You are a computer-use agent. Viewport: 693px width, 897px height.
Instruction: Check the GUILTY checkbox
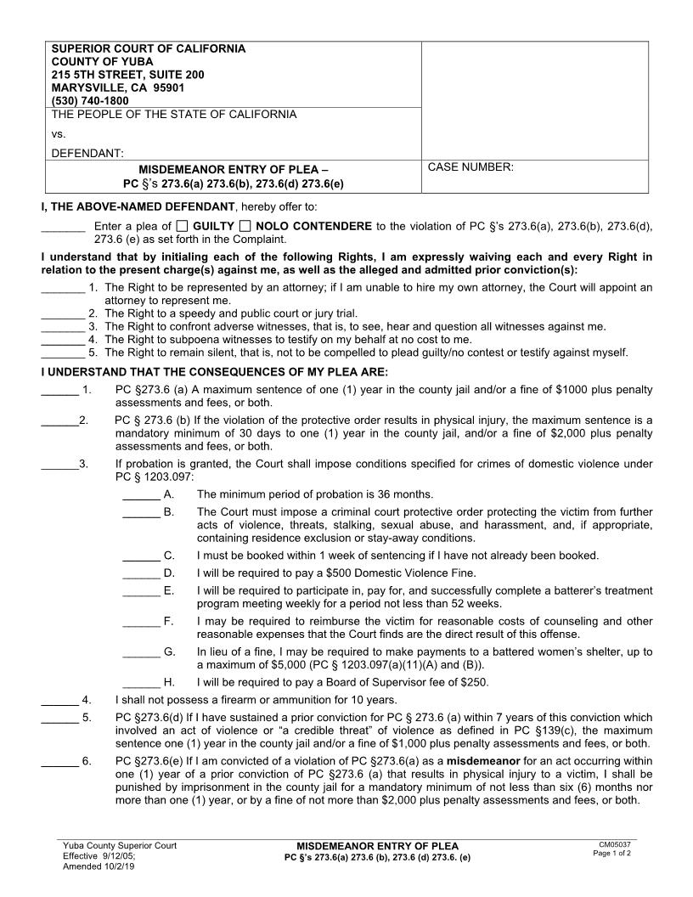pos(183,226)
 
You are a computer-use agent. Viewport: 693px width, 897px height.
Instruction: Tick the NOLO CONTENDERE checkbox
pos(245,226)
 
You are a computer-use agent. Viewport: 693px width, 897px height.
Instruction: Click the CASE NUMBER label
pos(470,167)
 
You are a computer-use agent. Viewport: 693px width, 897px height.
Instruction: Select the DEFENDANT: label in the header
pos(87,154)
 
